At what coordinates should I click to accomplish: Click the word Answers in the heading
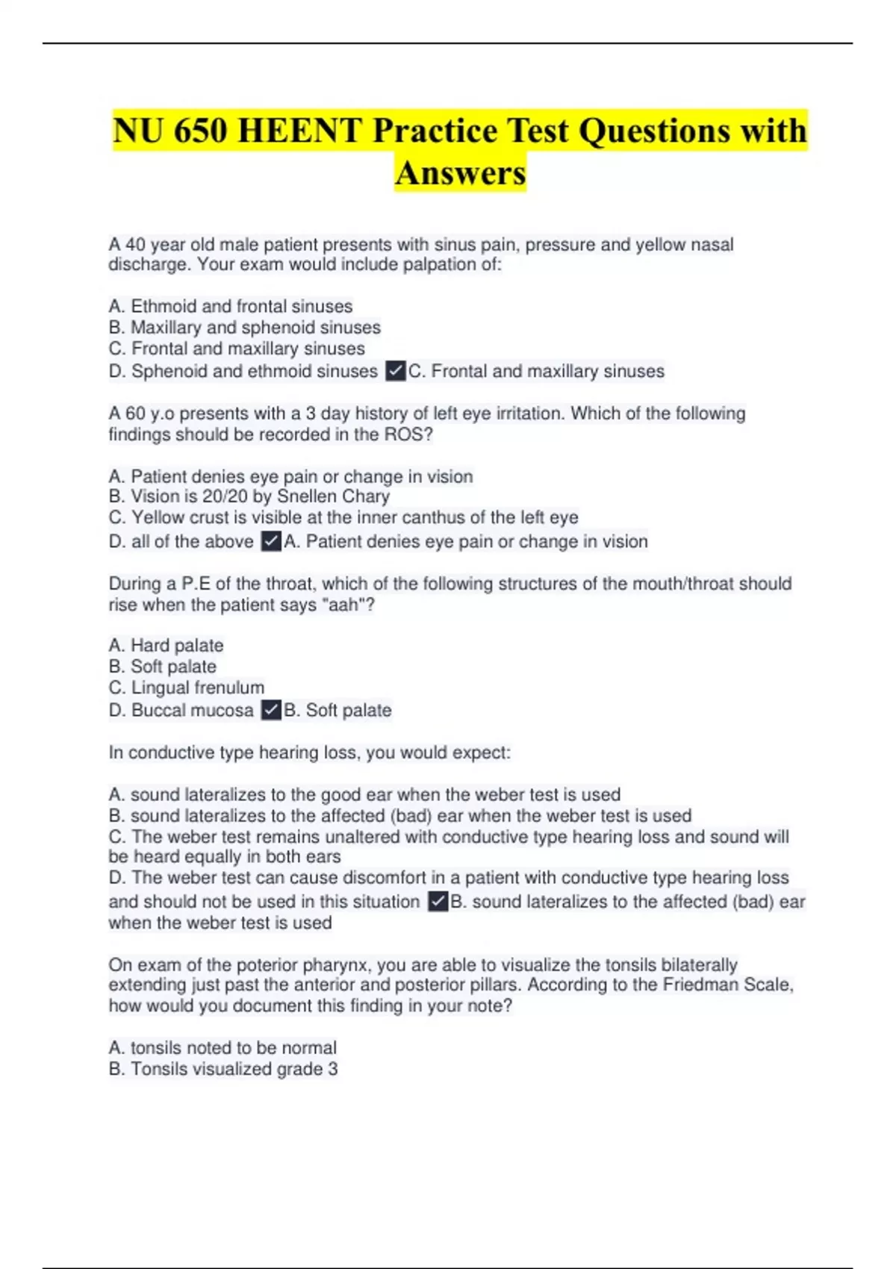tap(461, 173)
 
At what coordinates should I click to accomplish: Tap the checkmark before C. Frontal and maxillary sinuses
tap(396, 371)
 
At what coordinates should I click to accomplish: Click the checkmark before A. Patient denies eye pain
tap(271, 541)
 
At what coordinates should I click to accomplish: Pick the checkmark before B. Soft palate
tap(271, 710)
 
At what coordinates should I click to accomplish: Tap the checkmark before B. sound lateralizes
tap(438, 902)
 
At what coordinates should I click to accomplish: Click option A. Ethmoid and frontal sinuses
tap(230, 306)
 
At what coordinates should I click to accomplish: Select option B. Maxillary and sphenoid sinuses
tap(244, 327)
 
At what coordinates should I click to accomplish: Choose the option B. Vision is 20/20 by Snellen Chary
tap(249, 496)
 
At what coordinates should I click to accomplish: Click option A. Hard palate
tap(166, 645)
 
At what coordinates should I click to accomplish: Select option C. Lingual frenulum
tap(186, 687)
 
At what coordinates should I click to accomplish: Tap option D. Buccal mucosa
tap(181, 710)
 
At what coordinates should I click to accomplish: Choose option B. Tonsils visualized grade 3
tap(223, 1069)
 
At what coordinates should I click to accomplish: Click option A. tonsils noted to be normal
tap(223, 1047)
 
